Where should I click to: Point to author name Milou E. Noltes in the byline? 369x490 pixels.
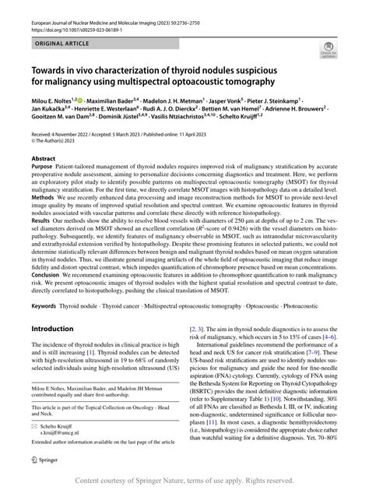click(x=55, y=122)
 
